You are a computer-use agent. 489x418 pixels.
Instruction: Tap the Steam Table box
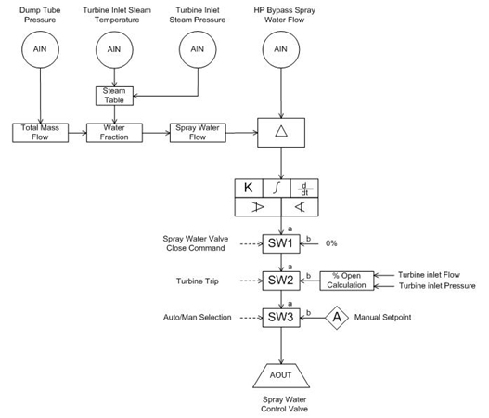[114, 96]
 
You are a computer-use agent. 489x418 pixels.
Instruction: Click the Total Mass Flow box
[40, 133]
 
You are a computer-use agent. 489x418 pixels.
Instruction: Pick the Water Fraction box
[114, 133]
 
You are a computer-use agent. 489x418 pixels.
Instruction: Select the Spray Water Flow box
[198, 133]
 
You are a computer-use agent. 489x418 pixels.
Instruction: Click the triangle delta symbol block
[281, 133]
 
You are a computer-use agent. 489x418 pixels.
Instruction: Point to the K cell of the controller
[249, 188]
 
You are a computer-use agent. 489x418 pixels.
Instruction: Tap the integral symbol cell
[277, 188]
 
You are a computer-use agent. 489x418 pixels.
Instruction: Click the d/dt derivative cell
[304, 188]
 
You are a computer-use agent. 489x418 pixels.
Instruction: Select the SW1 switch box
[281, 243]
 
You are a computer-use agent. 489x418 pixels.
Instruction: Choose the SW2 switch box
[281, 281]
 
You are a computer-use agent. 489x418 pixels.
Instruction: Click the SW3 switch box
[281, 318]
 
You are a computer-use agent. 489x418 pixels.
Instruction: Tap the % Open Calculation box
[347, 281]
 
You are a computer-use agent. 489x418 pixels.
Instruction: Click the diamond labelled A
[337, 318]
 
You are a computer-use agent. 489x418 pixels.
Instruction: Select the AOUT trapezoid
[281, 376]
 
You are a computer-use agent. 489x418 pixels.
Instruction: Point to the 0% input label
[331, 243]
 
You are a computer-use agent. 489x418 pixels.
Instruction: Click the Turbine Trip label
[198, 281]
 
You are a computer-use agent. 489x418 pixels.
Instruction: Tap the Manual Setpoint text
[382, 317]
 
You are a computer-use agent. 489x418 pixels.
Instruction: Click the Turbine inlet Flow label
[429, 275]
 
